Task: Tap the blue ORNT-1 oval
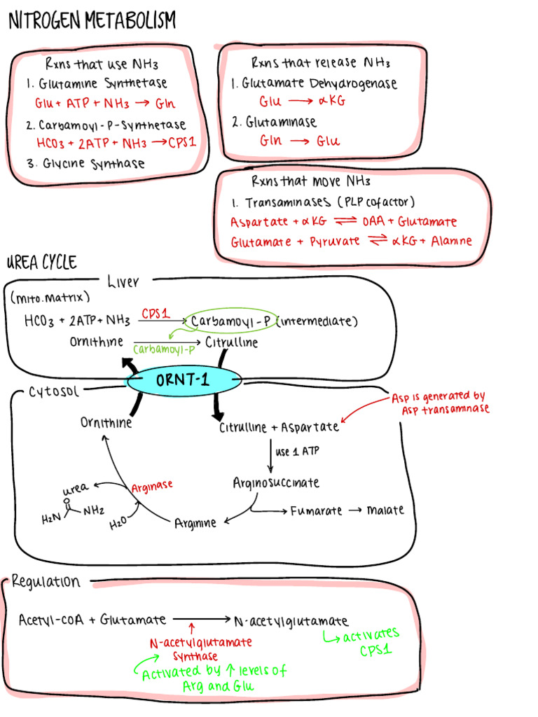tap(184, 381)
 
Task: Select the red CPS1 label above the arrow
tap(156, 314)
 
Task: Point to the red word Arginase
tap(152, 485)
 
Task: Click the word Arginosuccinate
tap(276, 482)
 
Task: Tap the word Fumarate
tap(317, 510)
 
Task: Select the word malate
tap(385, 510)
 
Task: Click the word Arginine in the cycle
tap(195, 522)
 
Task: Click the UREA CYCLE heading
tap(41, 263)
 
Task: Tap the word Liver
tap(123, 282)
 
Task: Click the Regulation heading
tap(46, 581)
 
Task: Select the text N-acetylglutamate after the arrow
tap(291, 620)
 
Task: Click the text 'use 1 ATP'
tap(298, 452)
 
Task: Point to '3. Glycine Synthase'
tap(85, 164)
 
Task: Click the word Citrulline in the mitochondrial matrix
tap(231, 342)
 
